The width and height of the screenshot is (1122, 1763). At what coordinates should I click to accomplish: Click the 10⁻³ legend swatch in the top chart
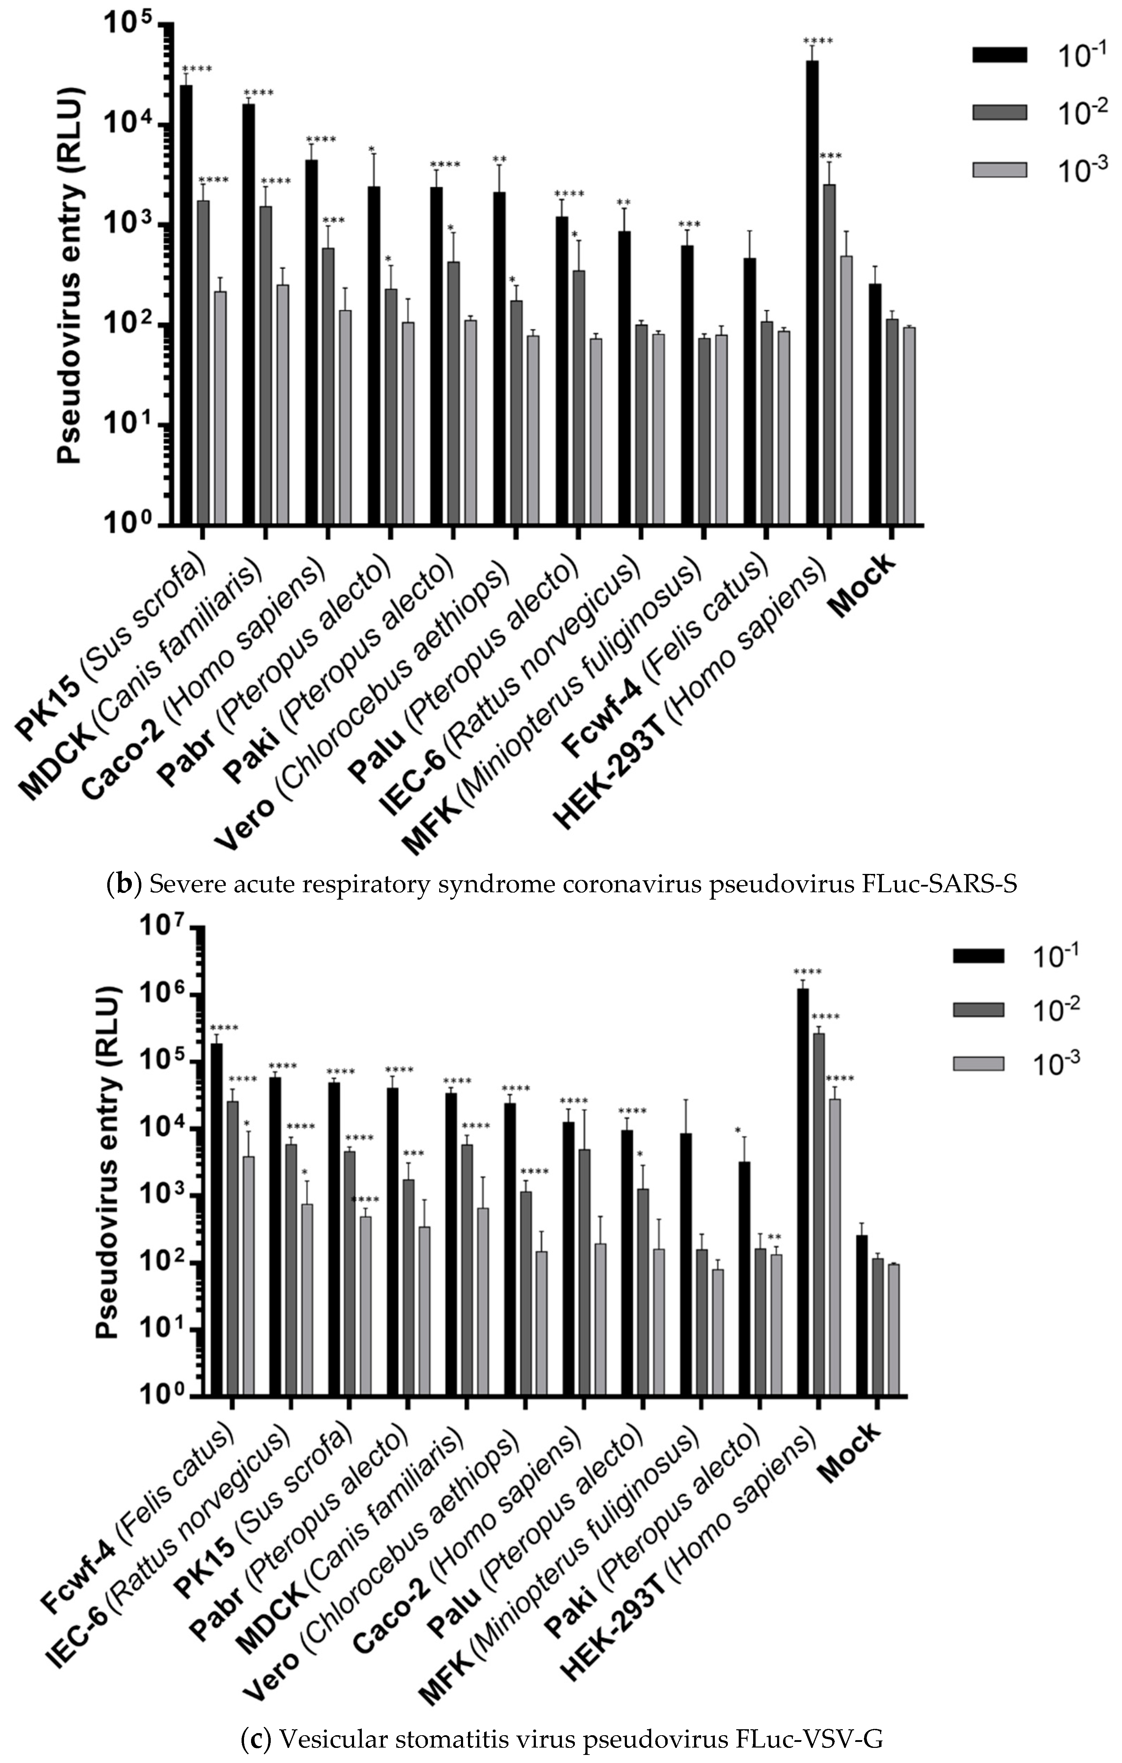(x=999, y=170)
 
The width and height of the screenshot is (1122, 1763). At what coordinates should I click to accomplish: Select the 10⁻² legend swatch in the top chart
(x=999, y=112)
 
